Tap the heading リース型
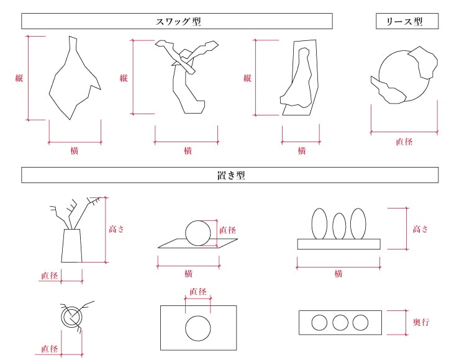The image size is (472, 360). pyautogui.click(x=407, y=22)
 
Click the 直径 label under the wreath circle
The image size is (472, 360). pyautogui.click(x=404, y=142)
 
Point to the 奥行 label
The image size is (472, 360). pyautogui.click(x=421, y=322)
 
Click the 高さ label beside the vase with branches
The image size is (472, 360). pyautogui.click(x=117, y=229)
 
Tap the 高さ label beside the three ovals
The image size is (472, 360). pyautogui.click(x=421, y=229)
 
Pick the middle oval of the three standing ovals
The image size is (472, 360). pyautogui.click(x=339, y=226)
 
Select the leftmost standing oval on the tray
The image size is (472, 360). pyautogui.click(x=319, y=223)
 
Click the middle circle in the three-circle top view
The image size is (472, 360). pyautogui.click(x=340, y=323)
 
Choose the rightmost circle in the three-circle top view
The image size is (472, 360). pyautogui.click(x=360, y=323)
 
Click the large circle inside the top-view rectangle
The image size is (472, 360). pyautogui.click(x=198, y=328)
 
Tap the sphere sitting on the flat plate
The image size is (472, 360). pyautogui.click(x=198, y=233)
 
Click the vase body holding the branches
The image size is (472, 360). pyautogui.click(x=71, y=246)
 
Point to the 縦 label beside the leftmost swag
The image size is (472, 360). pyautogui.click(x=19, y=78)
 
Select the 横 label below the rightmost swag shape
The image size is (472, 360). pyautogui.click(x=301, y=151)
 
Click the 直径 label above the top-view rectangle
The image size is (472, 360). pyautogui.click(x=198, y=291)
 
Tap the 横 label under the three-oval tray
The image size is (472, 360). pyautogui.click(x=338, y=274)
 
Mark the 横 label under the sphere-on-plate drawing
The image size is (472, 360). pyautogui.click(x=188, y=274)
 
